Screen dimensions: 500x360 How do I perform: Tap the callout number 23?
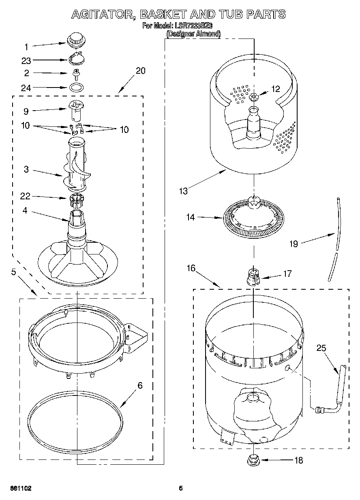[26, 61]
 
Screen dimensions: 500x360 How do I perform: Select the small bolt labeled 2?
[75, 74]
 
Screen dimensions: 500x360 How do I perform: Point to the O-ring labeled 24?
[76, 87]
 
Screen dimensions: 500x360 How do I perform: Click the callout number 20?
[140, 71]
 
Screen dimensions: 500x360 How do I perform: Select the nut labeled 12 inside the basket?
[254, 96]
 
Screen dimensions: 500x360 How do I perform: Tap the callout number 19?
[294, 244]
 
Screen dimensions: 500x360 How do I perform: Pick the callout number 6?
[140, 385]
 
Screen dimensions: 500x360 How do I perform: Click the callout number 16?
[191, 268]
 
